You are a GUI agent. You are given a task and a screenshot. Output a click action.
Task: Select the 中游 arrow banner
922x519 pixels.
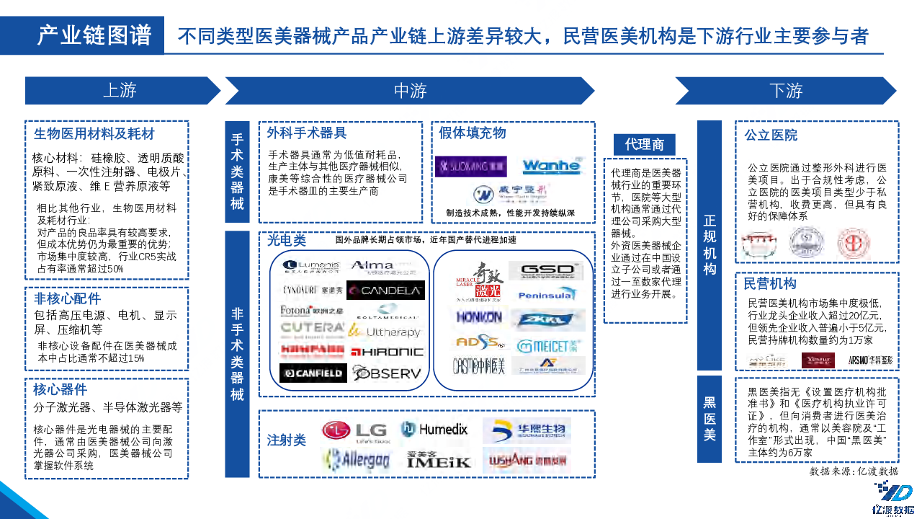coord(410,91)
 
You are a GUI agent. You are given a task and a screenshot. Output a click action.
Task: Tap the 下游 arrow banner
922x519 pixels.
coord(785,91)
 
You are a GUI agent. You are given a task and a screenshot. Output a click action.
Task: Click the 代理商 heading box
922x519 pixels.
coord(645,144)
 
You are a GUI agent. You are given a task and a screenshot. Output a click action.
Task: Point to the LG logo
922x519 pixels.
coord(355,430)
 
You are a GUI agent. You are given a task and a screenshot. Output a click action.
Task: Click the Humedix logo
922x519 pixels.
coord(434,430)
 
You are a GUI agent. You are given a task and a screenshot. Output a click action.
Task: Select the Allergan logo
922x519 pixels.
coord(357,459)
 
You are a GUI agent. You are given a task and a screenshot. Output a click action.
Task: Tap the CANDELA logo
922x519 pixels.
coord(385,290)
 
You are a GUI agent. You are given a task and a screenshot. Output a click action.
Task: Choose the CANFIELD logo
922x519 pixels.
coord(313,373)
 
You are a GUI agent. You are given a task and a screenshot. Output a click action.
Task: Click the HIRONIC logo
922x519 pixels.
coord(387,352)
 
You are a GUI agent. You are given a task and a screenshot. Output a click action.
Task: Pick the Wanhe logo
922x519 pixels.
coord(551,166)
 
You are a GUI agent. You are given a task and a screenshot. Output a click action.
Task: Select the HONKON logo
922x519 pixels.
coord(479,316)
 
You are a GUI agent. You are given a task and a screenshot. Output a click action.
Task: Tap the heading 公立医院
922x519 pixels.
coord(771,135)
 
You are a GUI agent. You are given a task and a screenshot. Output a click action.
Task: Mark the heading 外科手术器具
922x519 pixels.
coord(307,133)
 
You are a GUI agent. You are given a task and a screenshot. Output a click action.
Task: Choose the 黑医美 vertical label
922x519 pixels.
coord(710,419)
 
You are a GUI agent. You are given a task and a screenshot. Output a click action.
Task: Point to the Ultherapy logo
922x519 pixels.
coord(385,332)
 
